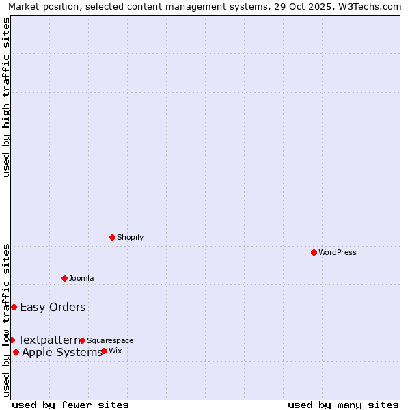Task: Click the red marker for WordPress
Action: pos(314,252)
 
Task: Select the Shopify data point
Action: pos(112,237)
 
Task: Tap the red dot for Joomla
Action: pos(64,278)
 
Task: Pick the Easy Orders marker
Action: pos(14,307)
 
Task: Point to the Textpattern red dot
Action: pos(12,340)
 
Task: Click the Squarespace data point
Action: pos(82,340)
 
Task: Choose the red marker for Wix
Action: pos(104,351)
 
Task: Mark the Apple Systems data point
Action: pos(16,352)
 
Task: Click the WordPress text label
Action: pos(338,252)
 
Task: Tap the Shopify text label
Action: pos(130,237)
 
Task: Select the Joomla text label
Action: pos(81,278)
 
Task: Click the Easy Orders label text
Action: pos(53,307)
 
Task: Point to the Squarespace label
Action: pos(110,340)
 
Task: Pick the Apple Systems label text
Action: pos(62,352)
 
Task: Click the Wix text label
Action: pos(115,351)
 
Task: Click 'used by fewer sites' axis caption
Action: pos(70,405)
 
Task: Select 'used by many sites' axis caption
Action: pos(343,405)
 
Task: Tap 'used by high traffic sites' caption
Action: pos(6,97)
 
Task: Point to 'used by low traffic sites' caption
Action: pos(6,320)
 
